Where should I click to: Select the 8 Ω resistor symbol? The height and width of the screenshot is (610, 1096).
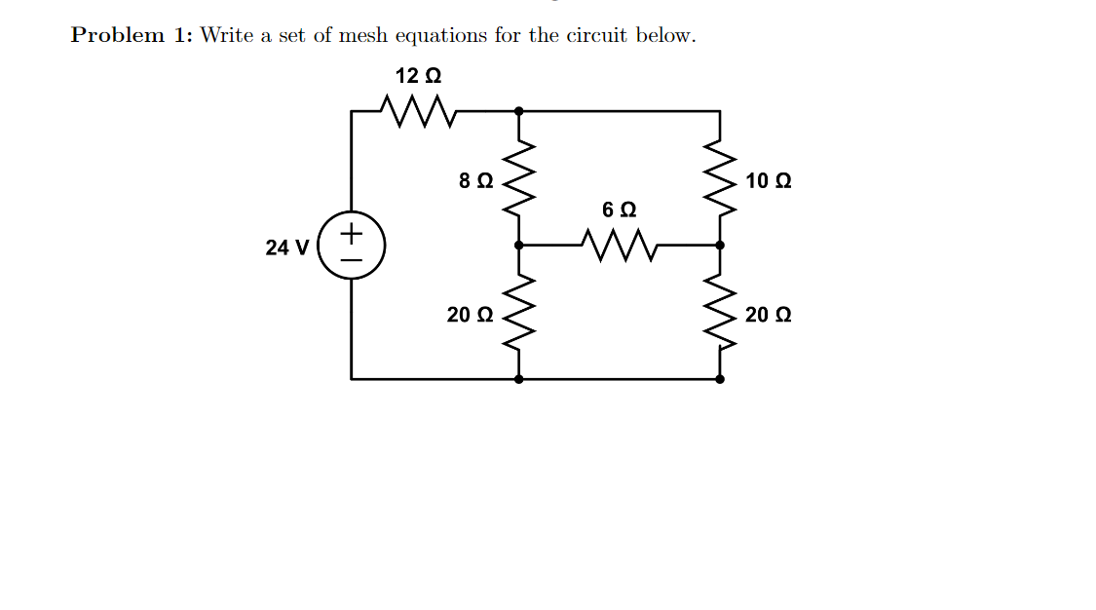point(518,178)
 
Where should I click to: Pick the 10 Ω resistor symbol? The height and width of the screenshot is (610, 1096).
point(720,178)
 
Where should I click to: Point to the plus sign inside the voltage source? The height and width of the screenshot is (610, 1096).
point(352,234)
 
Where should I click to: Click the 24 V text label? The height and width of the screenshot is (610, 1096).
point(286,248)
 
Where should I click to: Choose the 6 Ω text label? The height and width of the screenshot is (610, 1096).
point(619,210)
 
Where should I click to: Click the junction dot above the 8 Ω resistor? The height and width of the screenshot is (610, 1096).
point(518,111)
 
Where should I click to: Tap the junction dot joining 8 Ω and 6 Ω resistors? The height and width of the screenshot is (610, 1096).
point(518,246)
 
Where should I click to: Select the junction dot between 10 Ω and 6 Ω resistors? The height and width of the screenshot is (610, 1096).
point(720,246)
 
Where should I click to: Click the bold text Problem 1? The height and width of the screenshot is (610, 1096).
point(132,36)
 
